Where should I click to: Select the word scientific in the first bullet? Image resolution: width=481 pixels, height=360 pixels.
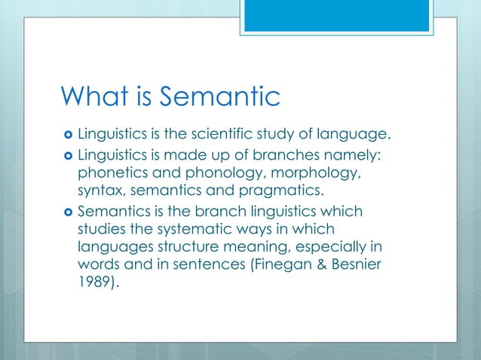tap(234, 136)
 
